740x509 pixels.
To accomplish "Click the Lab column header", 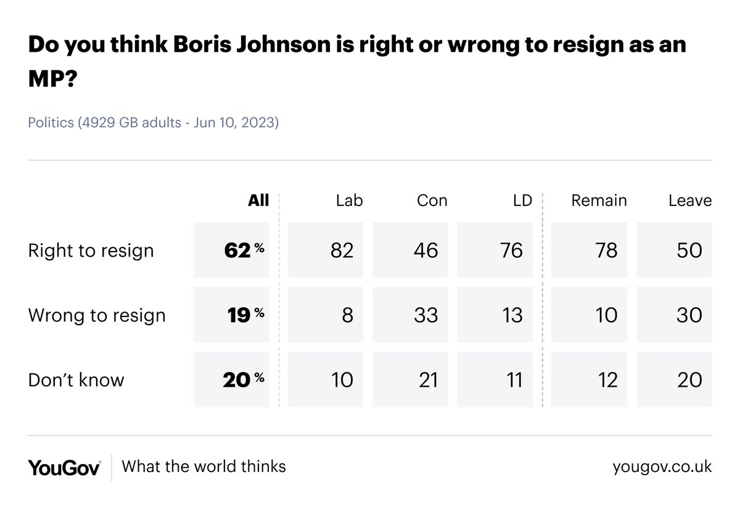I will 350,201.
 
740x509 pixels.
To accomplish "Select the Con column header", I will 432,201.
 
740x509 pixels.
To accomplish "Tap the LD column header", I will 522,201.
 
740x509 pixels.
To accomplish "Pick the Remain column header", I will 599,201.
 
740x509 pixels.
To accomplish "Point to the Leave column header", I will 690,201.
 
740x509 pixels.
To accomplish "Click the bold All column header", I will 258,201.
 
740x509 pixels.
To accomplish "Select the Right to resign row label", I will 91,250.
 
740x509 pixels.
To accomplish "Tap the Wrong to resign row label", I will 97,315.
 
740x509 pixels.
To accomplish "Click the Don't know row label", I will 76,380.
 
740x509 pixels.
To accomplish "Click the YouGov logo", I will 64,467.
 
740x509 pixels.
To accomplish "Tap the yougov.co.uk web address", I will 662,467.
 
